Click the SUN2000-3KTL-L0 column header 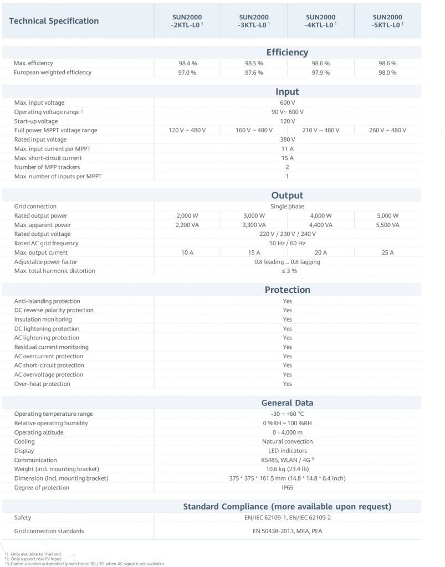pyautogui.click(x=253, y=21)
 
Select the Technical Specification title pyautogui.click(x=54, y=21)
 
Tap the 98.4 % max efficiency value pyautogui.click(x=187, y=63)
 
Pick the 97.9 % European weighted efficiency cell pyautogui.click(x=320, y=73)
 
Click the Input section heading pyautogui.click(x=287, y=92)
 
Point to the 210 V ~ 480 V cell pyautogui.click(x=320, y=130)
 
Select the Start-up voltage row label pyautogui.click(x=36, y=121)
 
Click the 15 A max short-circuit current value pyautogui.click(x=287, y=158)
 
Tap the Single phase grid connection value pyautogui.click(x=287, y=207)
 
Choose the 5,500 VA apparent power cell pyautogui.click(x=387, y=225)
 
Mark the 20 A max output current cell pyautogui.click(x=320, y=252)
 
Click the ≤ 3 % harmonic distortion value pyautogui.click(x=287, y=271)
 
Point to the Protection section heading pyautogui.click(x=287, y=290)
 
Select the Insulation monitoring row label pyautogui.click(x=43, y=319)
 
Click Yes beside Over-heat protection pyautogui.click(x=287, y=384)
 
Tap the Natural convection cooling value pyautogui.click(x=287, y=441)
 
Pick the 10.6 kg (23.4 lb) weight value pyautogui.click(x=287, y=469)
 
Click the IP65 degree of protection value pyautogui.click(x=287, y=487)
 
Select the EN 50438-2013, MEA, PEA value pyautogui.click(x=287, y=531)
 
